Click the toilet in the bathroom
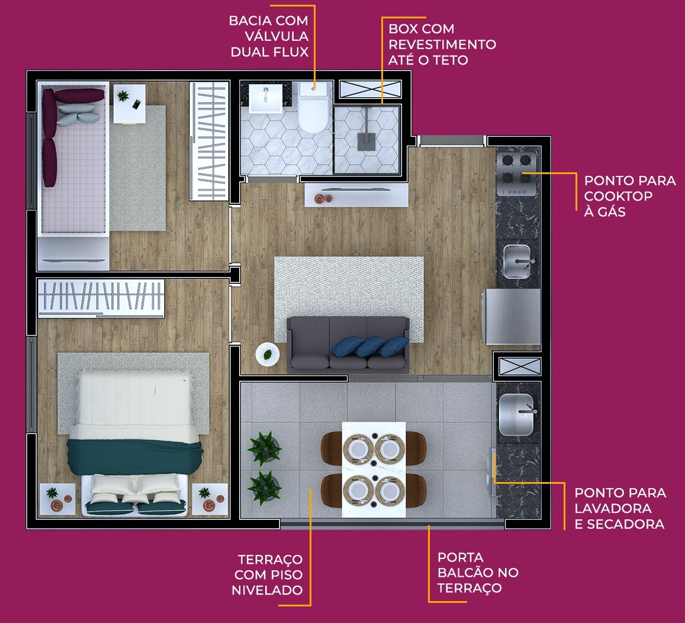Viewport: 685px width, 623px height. point(313,110)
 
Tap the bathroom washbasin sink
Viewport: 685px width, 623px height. point(266,98)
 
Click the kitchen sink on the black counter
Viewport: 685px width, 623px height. point(519,261)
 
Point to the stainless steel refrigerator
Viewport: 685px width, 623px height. point(513,316)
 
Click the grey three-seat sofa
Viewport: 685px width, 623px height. point(348,345)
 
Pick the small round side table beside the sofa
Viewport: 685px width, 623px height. point(267,354)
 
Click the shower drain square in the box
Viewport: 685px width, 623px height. point(365,140)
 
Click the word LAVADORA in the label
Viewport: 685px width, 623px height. point(613,508)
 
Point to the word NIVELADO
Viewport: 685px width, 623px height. point(267,590)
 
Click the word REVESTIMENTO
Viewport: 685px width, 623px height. point(442,44)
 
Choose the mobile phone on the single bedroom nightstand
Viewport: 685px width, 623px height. point(136,105)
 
